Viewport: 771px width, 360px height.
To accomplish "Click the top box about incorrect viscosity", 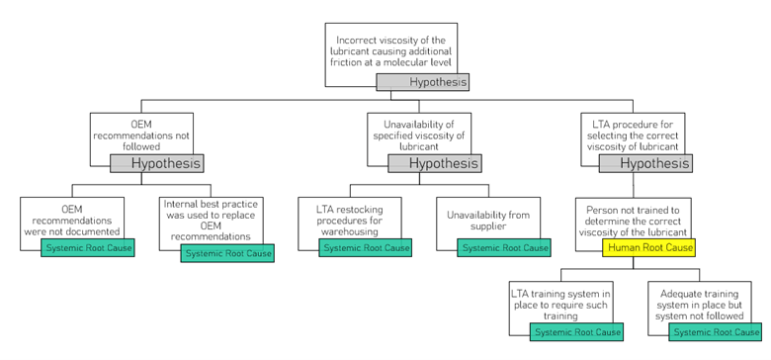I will [x=391, y=46].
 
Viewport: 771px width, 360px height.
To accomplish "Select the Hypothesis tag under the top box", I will [x=422, y=82].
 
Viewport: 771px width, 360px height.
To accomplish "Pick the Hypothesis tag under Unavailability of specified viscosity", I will [x=434, y=163].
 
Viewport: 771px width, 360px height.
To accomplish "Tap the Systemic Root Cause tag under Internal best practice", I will [x=227, y=253].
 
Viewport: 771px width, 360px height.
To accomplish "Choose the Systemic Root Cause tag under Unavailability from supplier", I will [x=505, y=247].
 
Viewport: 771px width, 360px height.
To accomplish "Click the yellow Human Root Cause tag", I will [x=648, y=247].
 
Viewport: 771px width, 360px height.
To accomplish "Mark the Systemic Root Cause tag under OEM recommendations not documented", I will [x=87, y=247].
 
